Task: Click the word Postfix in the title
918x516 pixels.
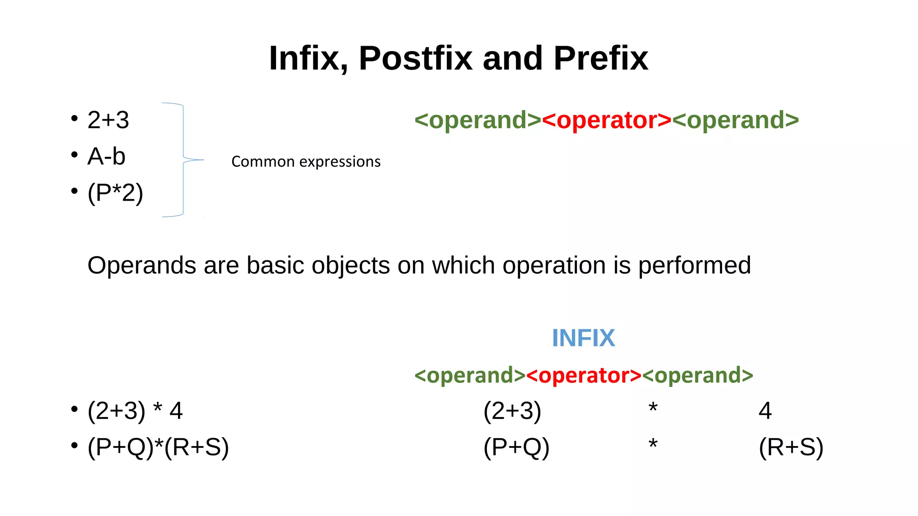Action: (416, 59)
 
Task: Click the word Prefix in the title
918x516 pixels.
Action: (601, 59)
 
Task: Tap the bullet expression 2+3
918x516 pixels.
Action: (108, 120)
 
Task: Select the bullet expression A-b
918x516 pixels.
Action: (106, 156)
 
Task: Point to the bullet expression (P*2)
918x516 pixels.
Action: (115, 193)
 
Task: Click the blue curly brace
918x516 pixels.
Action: (183, 160)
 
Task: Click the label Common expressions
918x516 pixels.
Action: (306, 161)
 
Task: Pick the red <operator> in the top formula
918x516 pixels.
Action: (606, 120)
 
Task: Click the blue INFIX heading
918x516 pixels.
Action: (583, 338)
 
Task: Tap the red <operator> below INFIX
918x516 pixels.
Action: (584, 375)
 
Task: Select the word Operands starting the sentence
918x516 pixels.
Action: (142, 265)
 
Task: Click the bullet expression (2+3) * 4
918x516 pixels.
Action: (135, 411)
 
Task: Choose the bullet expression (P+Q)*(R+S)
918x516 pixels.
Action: (158, 447)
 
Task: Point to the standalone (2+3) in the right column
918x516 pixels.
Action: (512, 411)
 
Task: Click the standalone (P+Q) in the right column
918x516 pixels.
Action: (516, 447)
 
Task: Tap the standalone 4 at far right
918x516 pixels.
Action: (765, 411)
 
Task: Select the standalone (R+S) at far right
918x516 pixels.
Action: (791, 447)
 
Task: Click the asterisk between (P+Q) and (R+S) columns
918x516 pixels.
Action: (653, 445)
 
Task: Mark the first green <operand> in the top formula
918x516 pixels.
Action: (478, 120)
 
